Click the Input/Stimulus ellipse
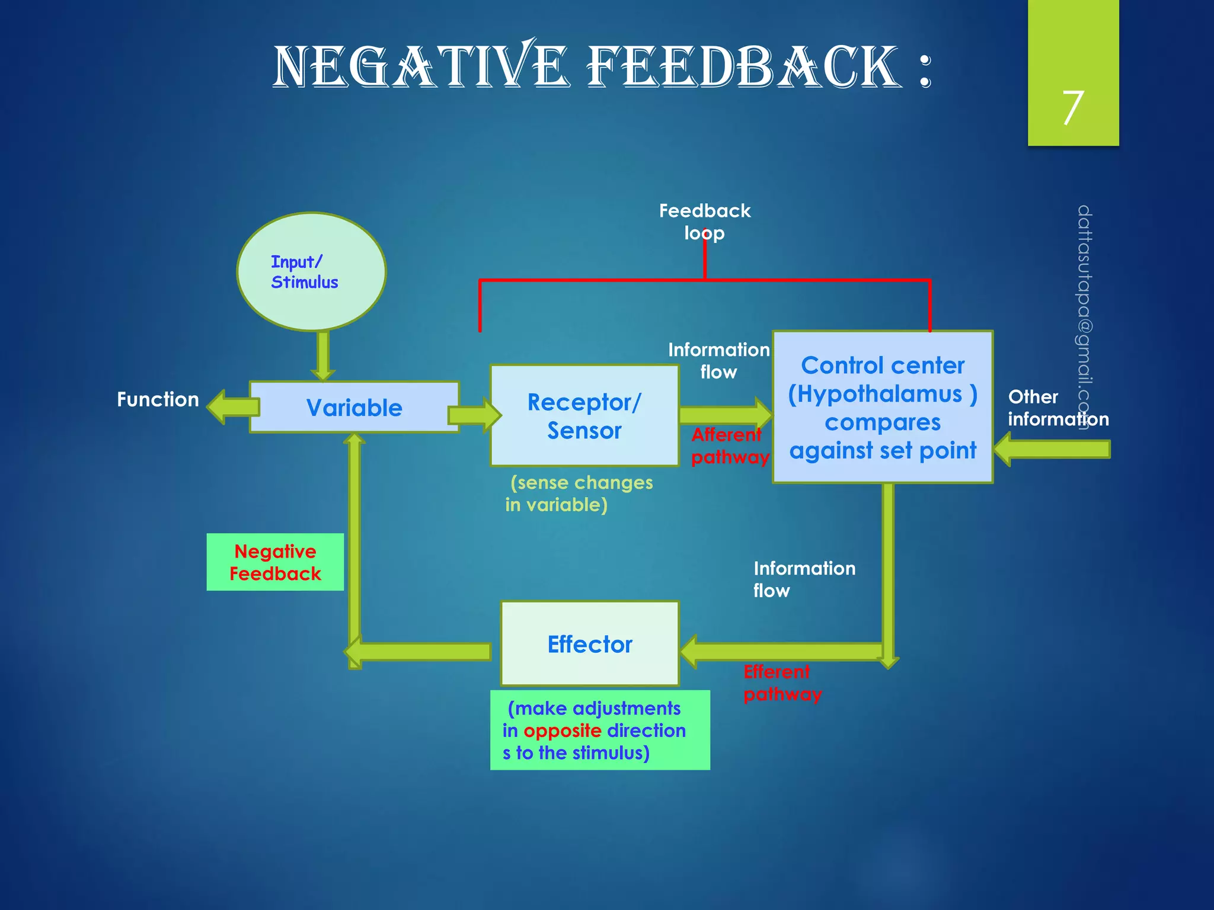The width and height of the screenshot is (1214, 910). [x=311, y=271]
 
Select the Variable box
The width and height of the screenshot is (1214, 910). [x=354, y=408]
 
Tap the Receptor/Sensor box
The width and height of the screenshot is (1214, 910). [x=584, y=416]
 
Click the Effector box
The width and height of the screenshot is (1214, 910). [x=590, y=644]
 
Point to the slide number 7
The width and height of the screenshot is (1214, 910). [x=1072, y=108]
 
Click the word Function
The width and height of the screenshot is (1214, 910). [x=158, y=399]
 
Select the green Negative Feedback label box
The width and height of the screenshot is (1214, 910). [x=275, y=562]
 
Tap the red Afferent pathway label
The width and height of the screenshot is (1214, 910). [x=729, y=446]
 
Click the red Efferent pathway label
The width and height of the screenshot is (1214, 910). [x=782, y=682]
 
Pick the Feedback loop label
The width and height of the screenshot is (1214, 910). [x=704, y=222]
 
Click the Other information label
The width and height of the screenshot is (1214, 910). [x=1058, y=408]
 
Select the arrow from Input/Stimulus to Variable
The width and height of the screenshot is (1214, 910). [x=323, y=355]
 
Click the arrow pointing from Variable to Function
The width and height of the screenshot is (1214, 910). [x=233, y=406]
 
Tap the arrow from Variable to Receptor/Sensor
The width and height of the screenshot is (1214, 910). [x=474, y=415]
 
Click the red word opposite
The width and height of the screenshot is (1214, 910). [x=562, y=730]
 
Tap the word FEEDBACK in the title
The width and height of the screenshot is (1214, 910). [x=744, y=66]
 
